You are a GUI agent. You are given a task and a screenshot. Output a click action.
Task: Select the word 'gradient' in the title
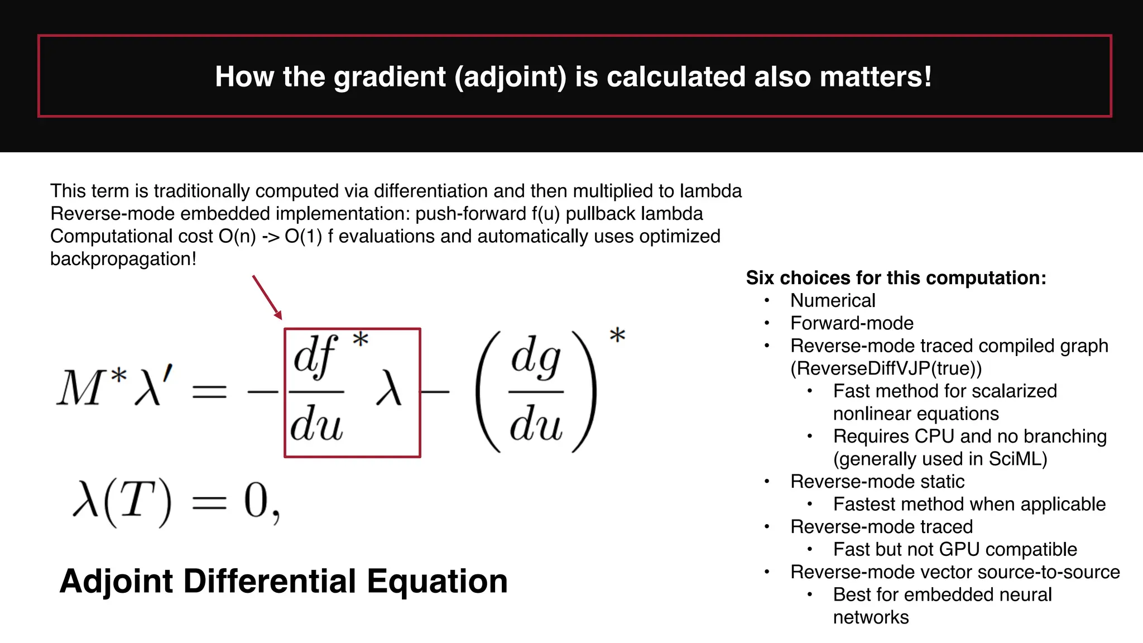point(390,76)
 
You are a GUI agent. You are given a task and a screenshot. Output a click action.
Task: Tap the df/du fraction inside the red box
point(316,390)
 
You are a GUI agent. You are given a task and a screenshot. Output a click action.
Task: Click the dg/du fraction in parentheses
point(536,391)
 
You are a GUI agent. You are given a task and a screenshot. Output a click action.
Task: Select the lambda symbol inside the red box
point(388,390)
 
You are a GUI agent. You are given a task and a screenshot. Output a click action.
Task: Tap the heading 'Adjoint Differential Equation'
point(284,581)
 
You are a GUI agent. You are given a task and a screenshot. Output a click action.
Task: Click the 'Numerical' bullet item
point(833,301)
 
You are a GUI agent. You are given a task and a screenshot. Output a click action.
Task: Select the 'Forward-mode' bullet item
point(852,323)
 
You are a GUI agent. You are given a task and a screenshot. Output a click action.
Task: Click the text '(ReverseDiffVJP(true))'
point(886,368)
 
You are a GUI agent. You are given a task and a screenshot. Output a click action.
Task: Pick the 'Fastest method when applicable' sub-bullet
point(969,504)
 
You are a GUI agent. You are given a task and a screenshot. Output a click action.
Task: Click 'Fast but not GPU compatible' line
point(954,549)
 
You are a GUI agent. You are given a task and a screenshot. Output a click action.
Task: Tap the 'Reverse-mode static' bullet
point(877,482)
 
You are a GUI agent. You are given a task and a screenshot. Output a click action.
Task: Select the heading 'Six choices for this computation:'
point(896,278)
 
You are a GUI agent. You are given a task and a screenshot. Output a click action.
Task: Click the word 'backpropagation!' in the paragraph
point(123,259)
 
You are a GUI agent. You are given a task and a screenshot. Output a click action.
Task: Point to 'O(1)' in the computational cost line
point(303,237)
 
